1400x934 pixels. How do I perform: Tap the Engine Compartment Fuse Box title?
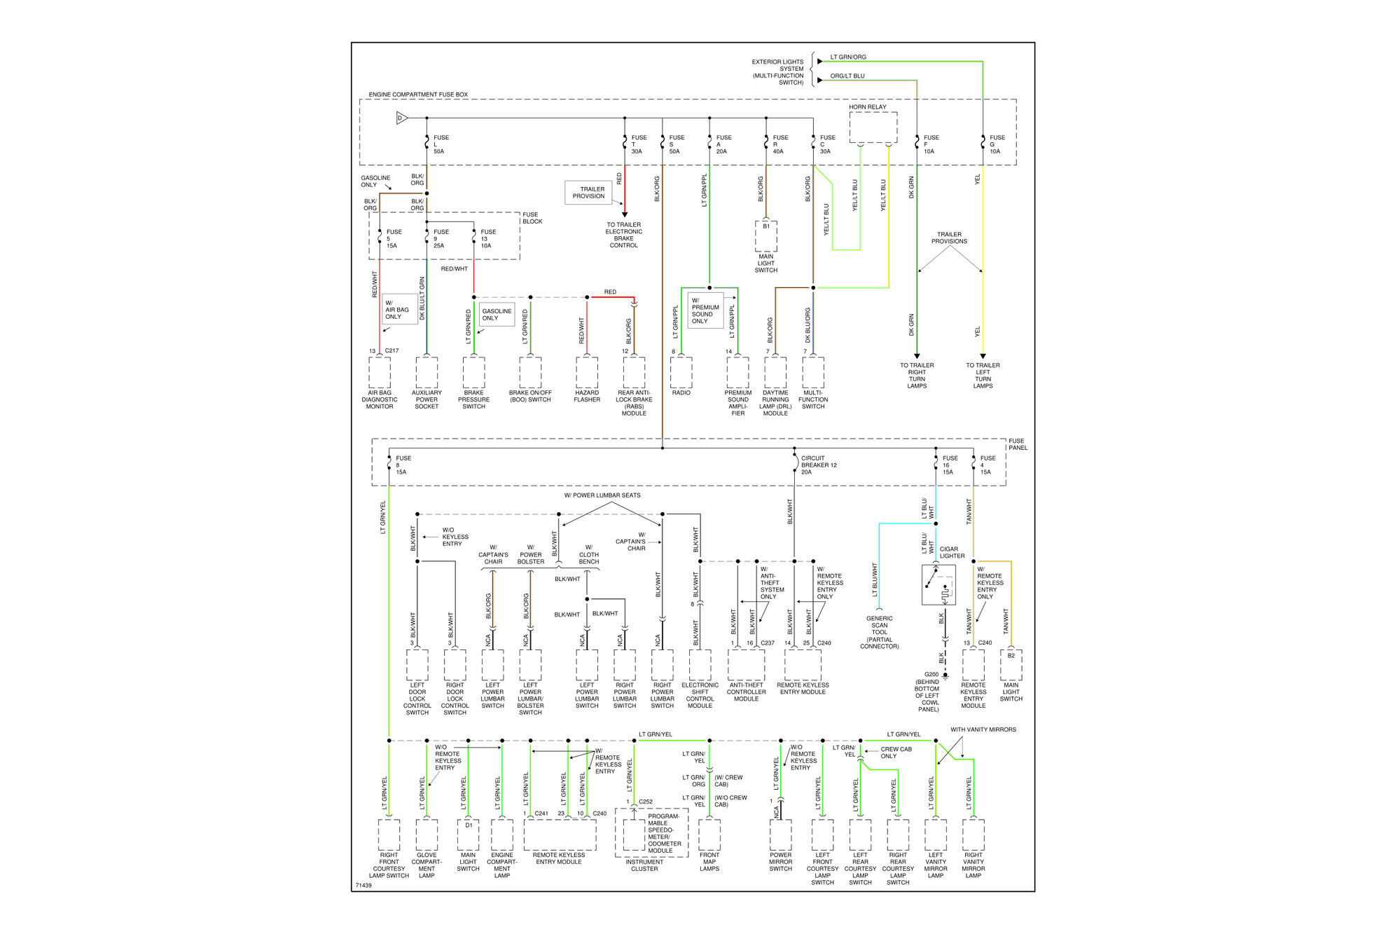418,95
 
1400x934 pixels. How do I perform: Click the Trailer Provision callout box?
589,193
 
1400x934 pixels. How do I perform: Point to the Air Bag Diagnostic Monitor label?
380,399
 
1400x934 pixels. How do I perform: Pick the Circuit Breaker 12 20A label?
819,465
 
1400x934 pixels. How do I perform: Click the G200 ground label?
929,692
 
